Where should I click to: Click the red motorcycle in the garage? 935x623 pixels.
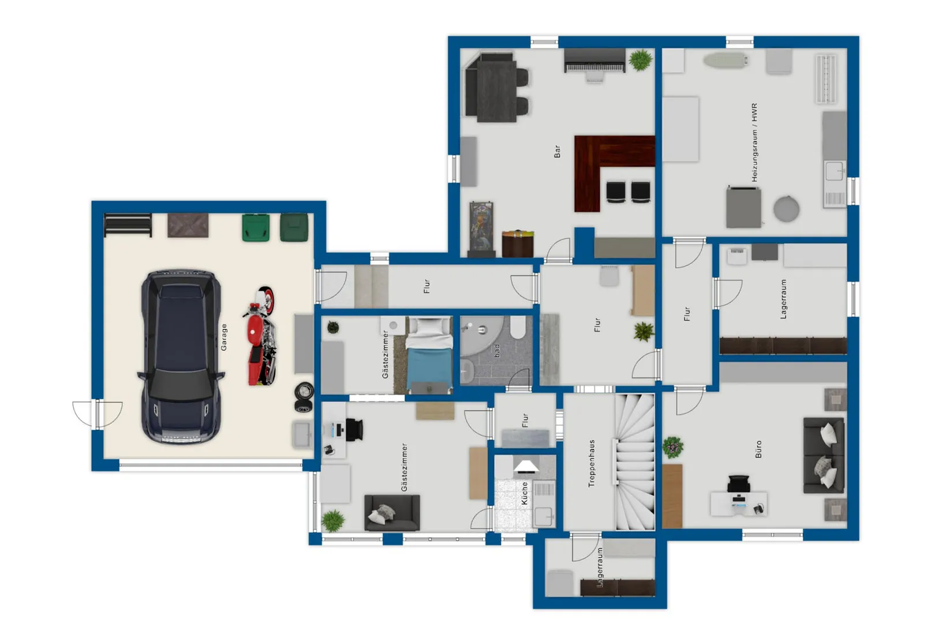coord(260,336)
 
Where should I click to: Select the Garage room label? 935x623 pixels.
coord(224,337)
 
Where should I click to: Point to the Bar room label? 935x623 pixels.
coord(557,152)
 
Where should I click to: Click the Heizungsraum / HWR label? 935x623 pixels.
coord(754,142)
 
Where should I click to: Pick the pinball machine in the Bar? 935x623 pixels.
coord(482,229)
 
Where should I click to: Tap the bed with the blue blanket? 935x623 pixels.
coord(429,355)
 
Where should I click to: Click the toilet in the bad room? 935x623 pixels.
coord(518,327)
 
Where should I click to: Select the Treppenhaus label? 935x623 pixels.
coord(591,463)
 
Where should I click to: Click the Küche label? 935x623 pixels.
coord(525,494)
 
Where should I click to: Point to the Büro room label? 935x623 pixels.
coord(758,449)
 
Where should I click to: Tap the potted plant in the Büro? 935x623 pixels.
coord(672,447)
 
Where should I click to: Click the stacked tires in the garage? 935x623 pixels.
coord(304,397)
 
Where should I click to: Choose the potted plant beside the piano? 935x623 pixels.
coord(640,60)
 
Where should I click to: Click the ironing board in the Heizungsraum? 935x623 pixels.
coord(725,59)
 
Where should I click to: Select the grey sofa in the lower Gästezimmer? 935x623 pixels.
coord(392,513)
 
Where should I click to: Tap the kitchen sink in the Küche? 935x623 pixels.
coord(544,517)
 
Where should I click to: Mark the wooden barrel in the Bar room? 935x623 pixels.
coord(518,243)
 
